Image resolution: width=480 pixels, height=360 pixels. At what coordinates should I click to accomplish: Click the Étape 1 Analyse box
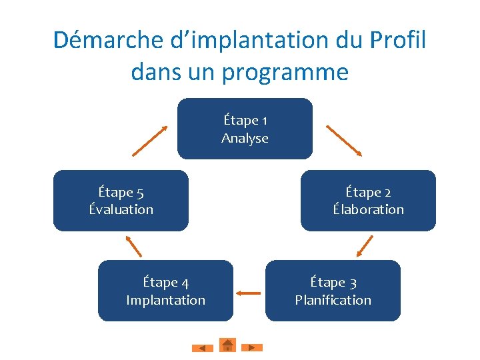click(245, 129)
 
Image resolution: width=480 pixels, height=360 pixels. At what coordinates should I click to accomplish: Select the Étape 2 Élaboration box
click(368, 201)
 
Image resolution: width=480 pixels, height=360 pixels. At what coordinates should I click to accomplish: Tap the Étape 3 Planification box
click(333, 291)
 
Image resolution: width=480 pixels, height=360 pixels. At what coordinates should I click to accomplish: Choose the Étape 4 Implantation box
click(165, 291)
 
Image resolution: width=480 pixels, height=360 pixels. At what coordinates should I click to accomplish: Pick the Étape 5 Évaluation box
click(121, 201)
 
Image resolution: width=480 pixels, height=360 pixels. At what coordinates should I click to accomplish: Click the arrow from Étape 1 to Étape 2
click(343, 140)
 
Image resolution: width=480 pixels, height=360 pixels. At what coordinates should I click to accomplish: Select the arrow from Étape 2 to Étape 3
click(365, 245)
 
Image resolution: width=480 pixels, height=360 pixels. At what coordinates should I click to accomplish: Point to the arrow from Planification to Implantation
click(249, 292)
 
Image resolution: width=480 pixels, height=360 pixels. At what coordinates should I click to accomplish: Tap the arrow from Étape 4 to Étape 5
click(134, 245)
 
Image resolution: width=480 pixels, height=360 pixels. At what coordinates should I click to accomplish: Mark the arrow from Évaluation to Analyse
click(149, 140)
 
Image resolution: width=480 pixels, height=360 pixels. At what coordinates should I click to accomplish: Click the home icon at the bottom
click(227, 345)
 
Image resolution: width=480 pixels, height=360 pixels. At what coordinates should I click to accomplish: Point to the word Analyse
click(245, 139)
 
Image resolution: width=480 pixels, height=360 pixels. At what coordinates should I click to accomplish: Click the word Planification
click(333, 300)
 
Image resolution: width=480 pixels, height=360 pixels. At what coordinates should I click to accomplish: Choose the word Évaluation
click(121, 209)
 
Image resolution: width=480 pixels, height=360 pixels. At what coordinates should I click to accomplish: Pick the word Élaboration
click(368, 209)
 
